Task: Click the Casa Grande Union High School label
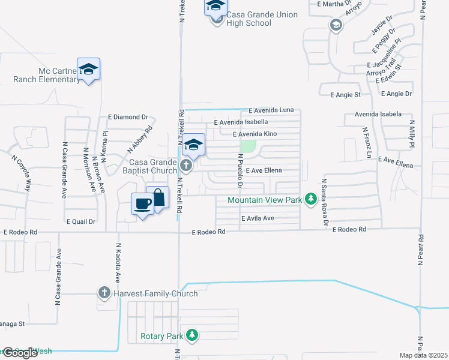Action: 261,19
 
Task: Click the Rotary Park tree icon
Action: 192,336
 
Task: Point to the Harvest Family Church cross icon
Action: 104,293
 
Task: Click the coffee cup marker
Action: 143,204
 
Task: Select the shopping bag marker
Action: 157,199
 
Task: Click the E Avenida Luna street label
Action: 271,110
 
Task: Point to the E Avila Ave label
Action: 258,218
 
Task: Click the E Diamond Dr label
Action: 128,117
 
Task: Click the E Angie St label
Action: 345,95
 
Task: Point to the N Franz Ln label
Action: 365,142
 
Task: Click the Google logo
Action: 20,353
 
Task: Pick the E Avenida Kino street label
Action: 255,134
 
